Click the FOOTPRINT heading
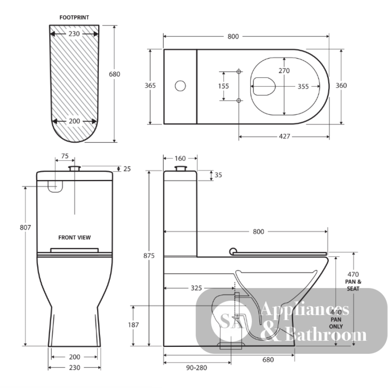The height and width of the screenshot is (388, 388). [x=74, y=17]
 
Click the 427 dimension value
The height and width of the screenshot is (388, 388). [x=284, y=137]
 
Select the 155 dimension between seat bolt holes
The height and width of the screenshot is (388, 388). [x=223, y=86]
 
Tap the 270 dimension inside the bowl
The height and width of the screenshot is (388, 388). [x=284, y=71]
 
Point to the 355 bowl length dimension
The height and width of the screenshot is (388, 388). [x=303, y=87]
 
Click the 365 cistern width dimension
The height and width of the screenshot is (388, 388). [x=150, y=86]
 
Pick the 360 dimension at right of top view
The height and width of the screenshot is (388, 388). [x=341, y=86]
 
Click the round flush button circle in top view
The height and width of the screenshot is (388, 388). [x=180, y=86]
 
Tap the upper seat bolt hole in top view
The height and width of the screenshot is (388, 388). [x=239, y=72]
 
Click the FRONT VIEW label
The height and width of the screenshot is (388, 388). [x=74, y=237]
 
